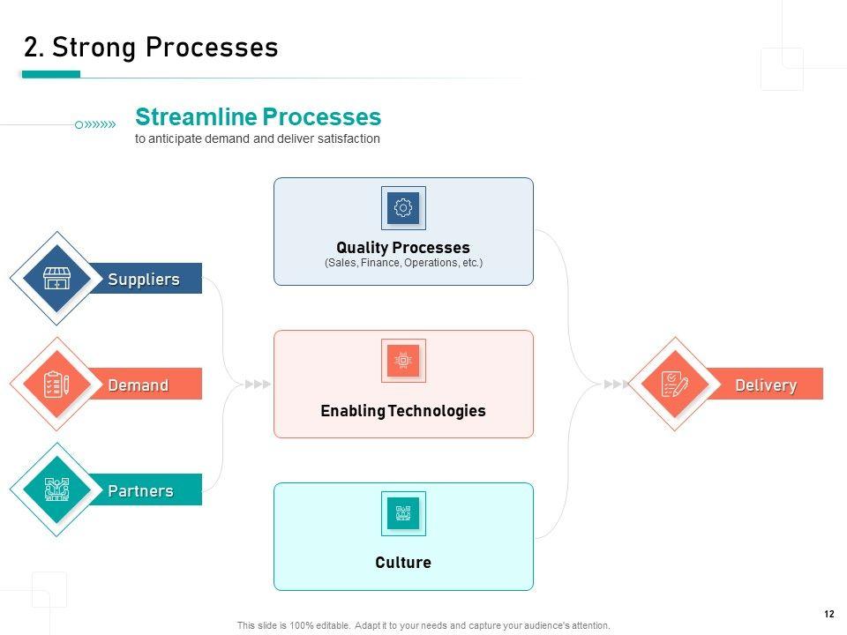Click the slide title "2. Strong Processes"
pos(151,48)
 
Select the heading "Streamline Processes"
pos(258,117)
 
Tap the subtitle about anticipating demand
pos(258,139)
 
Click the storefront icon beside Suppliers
pos(56,279)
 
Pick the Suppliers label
pos(144,280)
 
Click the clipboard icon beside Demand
pos(56,385)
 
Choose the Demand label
pos(138,385)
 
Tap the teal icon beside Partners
pos(56,489)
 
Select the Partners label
pos(140,490)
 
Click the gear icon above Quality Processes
pos(403,208)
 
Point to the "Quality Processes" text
pos(403,248)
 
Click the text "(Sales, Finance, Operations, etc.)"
pos(403,263)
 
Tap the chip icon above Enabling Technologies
pos(403,360)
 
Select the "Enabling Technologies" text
pos(403,411)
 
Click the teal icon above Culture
pos(403,512)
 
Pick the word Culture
pos(403,563)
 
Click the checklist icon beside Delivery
pos(674,385)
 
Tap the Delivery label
pos(766,385)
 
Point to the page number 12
pos(828,614)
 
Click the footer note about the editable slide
pos(423,625)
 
